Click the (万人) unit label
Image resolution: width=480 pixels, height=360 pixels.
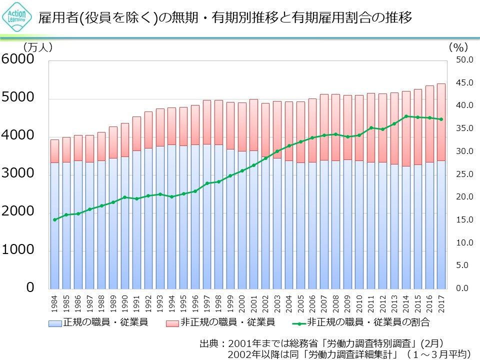(x=37, y=47)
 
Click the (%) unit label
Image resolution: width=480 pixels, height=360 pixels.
(x=457, y=47)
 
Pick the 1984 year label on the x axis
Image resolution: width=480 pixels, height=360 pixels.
(x=54, y=302)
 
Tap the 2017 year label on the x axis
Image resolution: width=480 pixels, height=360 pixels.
(x=441, y=302)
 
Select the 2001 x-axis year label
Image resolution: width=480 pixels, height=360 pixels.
(x=253, y=302)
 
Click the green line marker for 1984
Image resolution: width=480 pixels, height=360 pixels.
(x=54, y=219)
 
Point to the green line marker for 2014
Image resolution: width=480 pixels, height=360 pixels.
(x=406, y=116)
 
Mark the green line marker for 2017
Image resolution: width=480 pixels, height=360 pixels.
(x=441, y=119)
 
